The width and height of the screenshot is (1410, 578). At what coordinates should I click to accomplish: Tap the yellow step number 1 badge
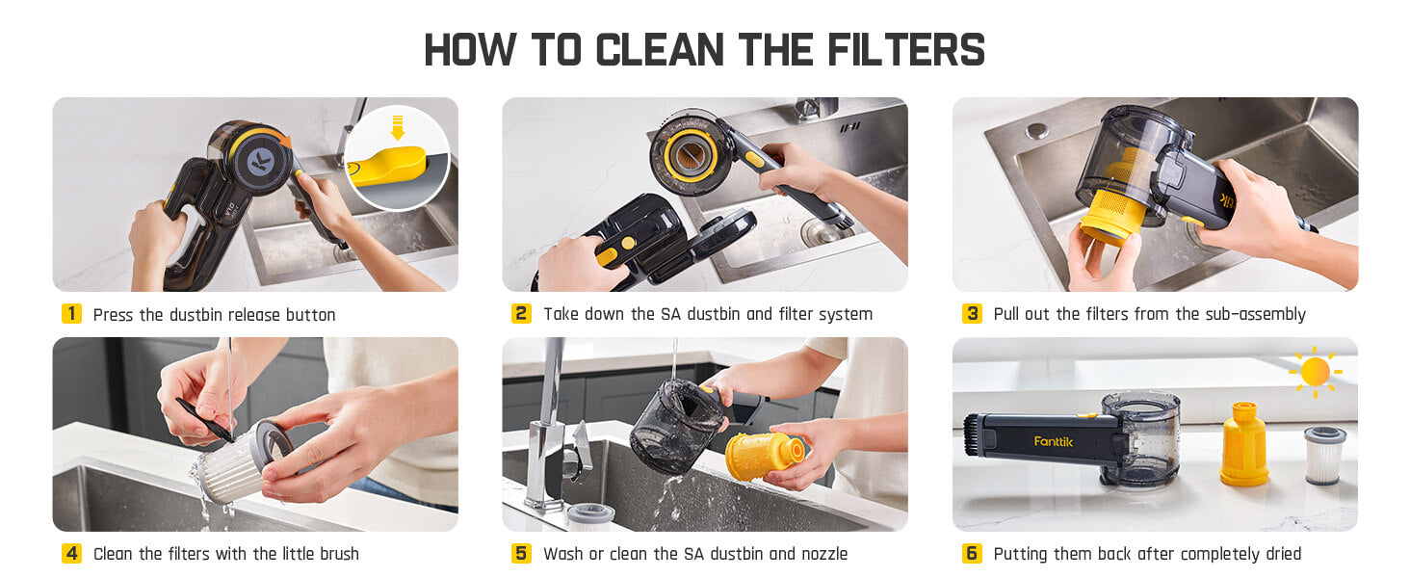coord(71,314)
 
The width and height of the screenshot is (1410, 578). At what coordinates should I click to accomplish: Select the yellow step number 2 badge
coord(521,314)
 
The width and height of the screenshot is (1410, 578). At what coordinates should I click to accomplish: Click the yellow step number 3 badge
coord(972,314)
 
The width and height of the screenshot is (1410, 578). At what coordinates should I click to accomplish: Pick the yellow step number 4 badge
coord(71,554)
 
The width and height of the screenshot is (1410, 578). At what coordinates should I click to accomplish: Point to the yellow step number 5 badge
coord(521,554)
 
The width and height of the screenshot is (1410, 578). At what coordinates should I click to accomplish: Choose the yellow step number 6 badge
coord(972,554)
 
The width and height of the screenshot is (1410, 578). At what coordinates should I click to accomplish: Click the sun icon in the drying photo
coord(1315,372)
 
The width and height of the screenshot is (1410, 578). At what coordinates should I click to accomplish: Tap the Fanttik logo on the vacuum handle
coord(1053,441)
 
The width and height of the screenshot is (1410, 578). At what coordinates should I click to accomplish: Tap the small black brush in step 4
coord(205,420)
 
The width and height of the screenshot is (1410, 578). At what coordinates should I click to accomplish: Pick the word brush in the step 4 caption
coord(336,554)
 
